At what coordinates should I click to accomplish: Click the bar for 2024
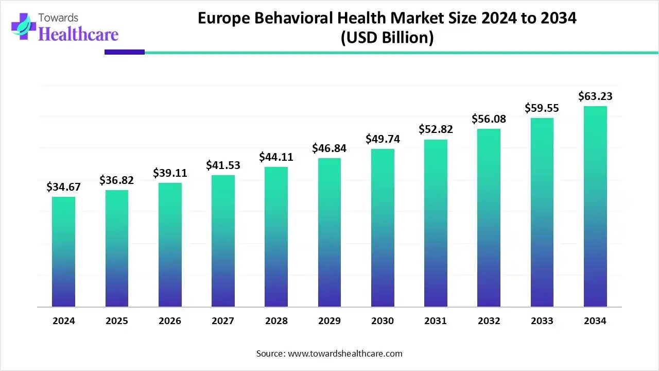[63, 252]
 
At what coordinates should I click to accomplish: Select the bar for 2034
[595, 206]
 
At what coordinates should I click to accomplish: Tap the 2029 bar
[329, 232]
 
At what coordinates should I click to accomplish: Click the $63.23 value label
[595, 96]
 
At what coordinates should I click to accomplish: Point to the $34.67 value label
[63, 187]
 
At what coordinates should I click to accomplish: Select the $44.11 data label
[276, 157]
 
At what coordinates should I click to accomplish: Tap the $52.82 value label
[436, 129]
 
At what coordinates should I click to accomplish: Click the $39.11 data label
[170, 173]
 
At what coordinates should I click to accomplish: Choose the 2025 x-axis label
[117, 321]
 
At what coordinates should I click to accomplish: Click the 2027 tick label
[223, 321]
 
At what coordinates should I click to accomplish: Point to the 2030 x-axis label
[383, 321]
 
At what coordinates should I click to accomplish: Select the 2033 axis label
[542, 321]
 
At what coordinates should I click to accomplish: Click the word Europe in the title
[223, 19]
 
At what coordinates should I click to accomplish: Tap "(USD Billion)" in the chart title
[387, 38]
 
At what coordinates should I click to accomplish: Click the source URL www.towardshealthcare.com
[345, 353]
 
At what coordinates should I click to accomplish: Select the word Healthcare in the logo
[78, 35]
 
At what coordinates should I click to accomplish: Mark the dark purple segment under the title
[125, 52]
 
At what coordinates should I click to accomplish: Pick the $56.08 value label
[489, 119]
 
